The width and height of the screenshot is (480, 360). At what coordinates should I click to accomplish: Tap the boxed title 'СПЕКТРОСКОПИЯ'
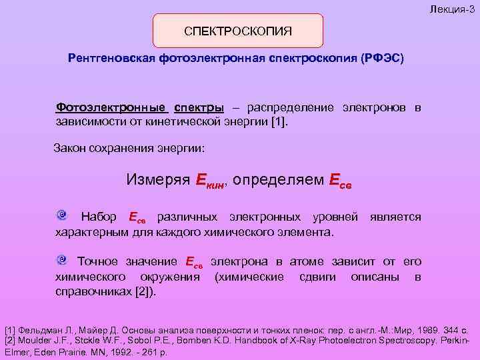pos(238,31)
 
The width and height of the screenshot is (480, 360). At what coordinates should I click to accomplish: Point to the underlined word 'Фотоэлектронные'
pos(111,107)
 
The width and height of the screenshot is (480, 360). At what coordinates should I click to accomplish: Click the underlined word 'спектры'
pos(199,107)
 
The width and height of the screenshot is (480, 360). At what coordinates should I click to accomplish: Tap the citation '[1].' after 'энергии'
pos(283,123)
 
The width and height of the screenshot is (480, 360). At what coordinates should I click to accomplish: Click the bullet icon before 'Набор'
pos(61,215)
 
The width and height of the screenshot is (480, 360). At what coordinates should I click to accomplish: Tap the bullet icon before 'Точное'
pos(61,259)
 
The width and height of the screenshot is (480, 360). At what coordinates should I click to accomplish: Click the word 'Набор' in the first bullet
pos(98,217)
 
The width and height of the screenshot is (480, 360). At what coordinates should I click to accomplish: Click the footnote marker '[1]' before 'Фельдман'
pos(11,330)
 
